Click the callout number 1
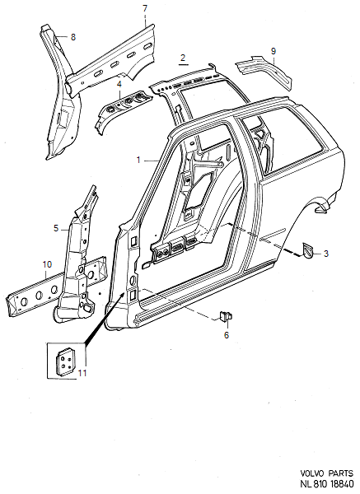coord(138,161)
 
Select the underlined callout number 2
coord(183,58)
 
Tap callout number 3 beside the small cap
coord(326,254)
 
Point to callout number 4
coord(119,84)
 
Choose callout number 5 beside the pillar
coord(56,228)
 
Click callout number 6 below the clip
coord(227,335)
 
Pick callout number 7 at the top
coord(145,8)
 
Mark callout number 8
coord(73,37)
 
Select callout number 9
coord(274,51)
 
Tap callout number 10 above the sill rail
coord(47,264)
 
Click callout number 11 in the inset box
coord(82,373)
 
